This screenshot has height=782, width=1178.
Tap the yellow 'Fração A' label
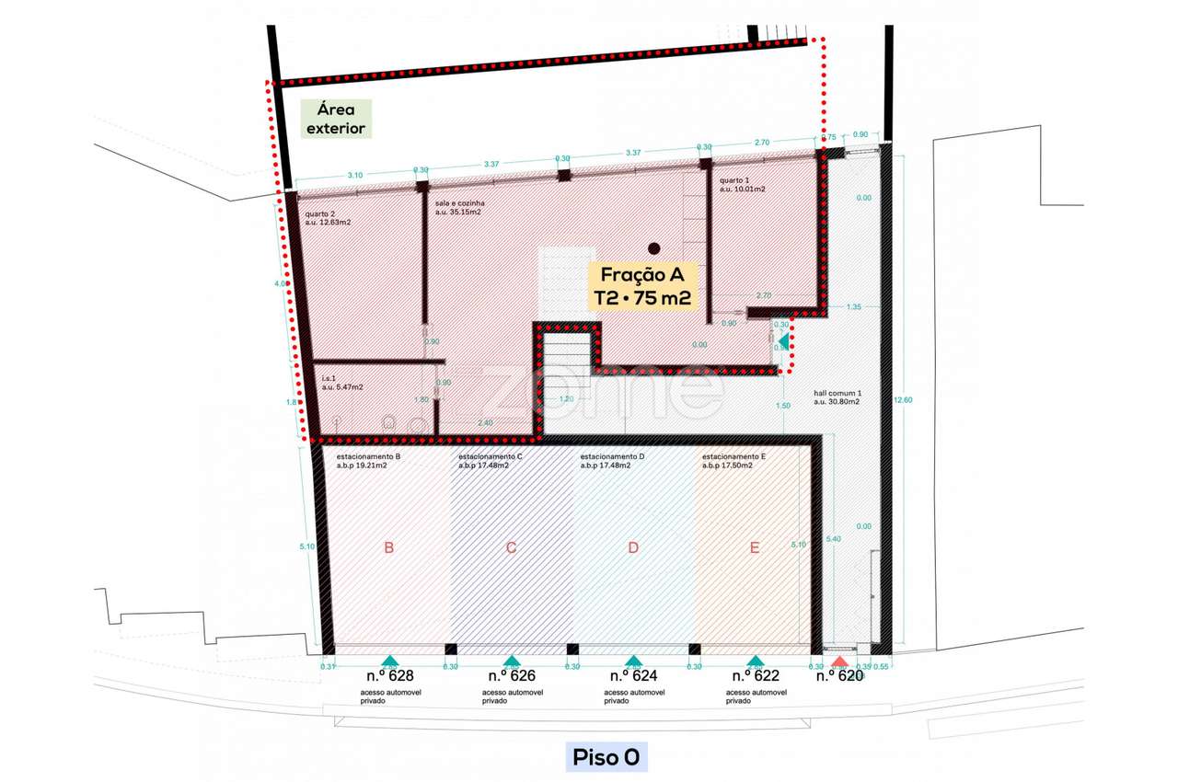[x=641, y=286]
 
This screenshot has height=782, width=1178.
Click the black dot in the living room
[x=653, y=247]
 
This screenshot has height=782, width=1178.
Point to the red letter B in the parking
[x=389, y=548]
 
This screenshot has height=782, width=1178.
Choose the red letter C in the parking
[x=511, y=548]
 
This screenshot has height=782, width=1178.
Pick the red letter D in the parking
[x=633, y=548]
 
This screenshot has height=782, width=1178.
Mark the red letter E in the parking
[x=755, y=548]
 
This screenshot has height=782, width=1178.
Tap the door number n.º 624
[x=633, y=675]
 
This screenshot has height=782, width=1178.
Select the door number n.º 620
[x=839, y=675]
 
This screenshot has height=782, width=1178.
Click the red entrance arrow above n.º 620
[x=839, y=661]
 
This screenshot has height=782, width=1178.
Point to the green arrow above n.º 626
[x=512, y=661]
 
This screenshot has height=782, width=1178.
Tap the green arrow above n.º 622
[x=755, y=661]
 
